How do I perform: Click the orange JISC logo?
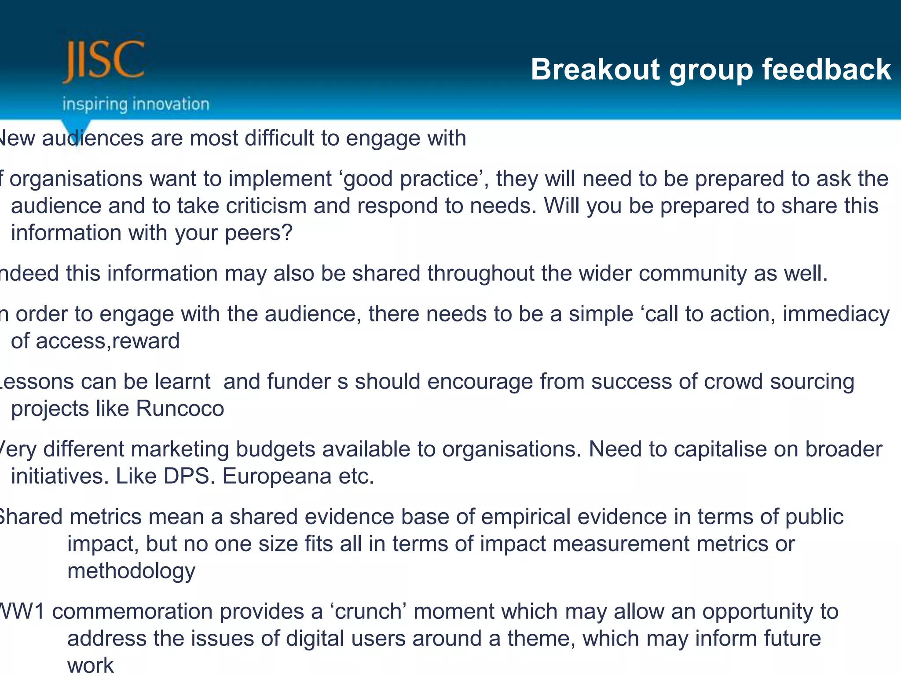click(104, 61)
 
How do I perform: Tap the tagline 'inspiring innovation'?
click(136, 104)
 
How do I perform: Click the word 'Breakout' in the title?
click(595, 70)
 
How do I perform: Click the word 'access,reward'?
click(108, 341)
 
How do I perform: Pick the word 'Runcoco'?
click(180, 408)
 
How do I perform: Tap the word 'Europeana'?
click(277, 476)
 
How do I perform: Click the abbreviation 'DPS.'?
click(189, 476)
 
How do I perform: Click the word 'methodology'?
click(131, 571)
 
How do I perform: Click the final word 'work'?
click(90, 665)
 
